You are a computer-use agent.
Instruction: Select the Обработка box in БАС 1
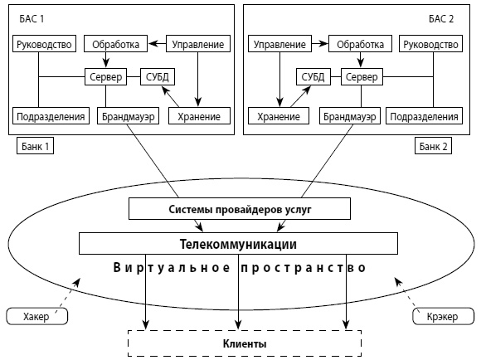pos(119,43)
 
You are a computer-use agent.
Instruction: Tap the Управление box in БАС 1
pos(197,43)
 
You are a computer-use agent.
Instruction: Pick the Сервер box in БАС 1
pos(104,78)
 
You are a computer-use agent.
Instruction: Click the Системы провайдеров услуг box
pos(239,209)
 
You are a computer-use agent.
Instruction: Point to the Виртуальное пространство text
pos(239,270)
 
